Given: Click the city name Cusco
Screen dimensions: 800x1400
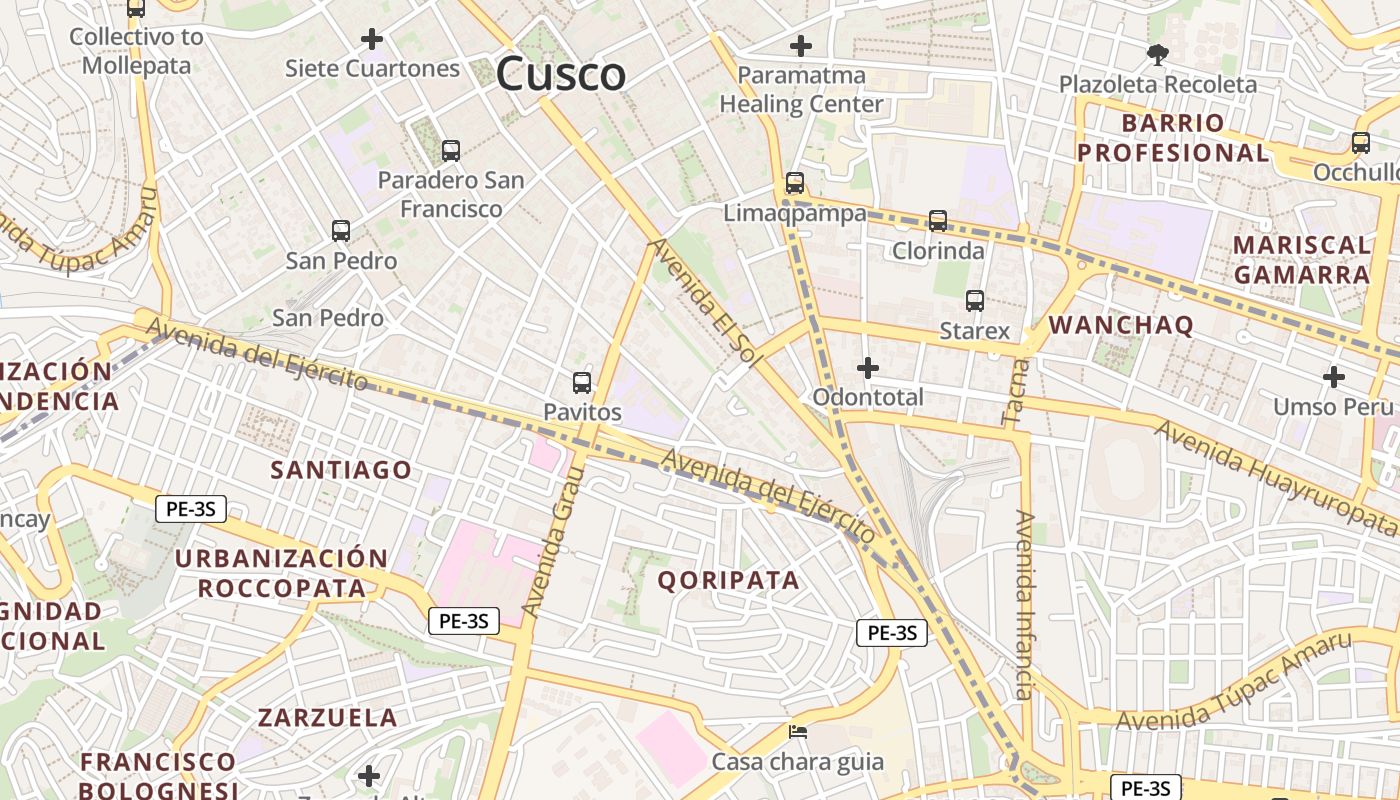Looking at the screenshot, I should pos(561,74).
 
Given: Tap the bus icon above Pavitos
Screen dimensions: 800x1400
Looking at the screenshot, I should pos(582,382).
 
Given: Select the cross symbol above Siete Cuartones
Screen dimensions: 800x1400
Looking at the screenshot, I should pos(372,39).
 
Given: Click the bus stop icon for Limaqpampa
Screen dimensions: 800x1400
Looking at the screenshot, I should pos(795,183).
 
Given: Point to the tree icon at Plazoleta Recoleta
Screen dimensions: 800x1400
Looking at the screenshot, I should pos(1158,54).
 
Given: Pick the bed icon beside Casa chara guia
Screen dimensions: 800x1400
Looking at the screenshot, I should pos(798,731).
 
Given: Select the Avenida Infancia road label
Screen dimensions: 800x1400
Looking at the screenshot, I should pos(1024,605).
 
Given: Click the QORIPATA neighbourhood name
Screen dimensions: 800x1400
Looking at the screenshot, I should pos(729,580).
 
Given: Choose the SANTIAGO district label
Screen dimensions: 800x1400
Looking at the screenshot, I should pos(341,470).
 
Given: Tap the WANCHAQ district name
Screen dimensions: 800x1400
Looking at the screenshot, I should pos(1121,325).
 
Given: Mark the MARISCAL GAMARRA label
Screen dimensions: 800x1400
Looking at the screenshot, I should pos(1301,259).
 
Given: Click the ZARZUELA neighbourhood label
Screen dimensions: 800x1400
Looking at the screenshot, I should pos(328,717).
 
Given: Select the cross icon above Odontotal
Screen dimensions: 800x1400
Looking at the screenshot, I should pos(868,368).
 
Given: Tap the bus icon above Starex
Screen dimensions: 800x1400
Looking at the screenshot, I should pos(975,300).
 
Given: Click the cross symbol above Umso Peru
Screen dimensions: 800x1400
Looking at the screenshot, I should pos(1333,377).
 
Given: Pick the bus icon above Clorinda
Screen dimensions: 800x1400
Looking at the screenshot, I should pos(938,220).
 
